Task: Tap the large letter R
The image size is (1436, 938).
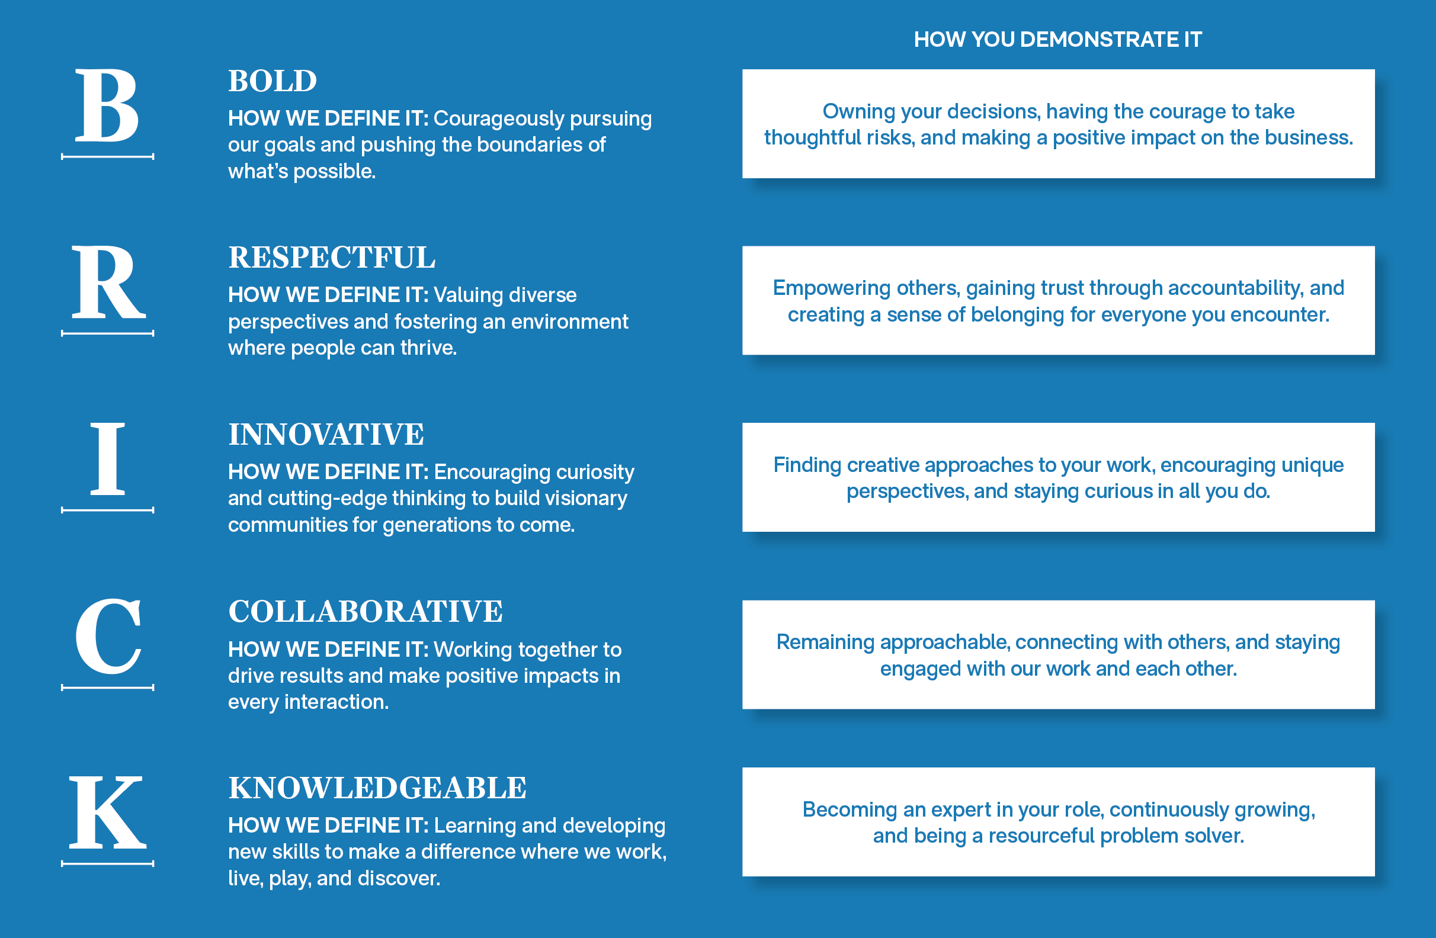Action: click(x=108, y=282)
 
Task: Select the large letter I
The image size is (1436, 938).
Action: click(x=107, y=458)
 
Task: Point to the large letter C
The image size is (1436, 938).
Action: click(x=108, y=636)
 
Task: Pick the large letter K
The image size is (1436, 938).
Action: click(x=108, y=812)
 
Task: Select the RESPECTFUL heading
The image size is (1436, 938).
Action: click(x=332, y=258)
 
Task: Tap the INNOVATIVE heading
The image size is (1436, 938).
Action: click(x=326, y=434)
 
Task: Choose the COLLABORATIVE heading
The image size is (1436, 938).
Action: click(x=366, y=611)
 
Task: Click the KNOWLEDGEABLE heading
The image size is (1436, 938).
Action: click(x=378, y=788)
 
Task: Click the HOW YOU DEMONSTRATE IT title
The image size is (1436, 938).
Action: click(x=1058, y=40)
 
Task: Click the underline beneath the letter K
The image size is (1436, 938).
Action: click(x=107, y=864)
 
